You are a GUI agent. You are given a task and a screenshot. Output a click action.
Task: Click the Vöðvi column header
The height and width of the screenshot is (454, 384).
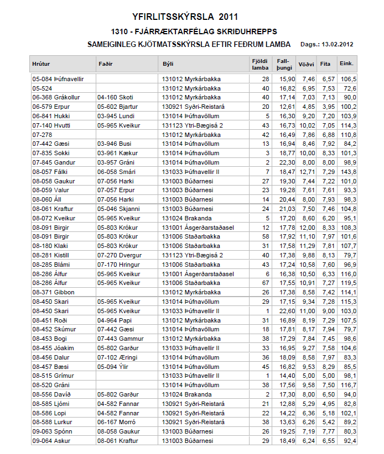pos(306,64)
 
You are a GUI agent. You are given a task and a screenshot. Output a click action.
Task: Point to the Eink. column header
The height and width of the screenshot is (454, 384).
pos(347,64)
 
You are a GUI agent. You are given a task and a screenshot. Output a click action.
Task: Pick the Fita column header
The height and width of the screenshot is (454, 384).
pos(325,64)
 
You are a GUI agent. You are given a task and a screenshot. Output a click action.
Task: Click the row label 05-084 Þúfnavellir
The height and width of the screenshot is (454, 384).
pos(58,79)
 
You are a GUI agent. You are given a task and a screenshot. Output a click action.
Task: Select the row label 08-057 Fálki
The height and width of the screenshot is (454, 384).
pos(49,172)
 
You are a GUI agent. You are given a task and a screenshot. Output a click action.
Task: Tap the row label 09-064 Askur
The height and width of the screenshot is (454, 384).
pos(50,441)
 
